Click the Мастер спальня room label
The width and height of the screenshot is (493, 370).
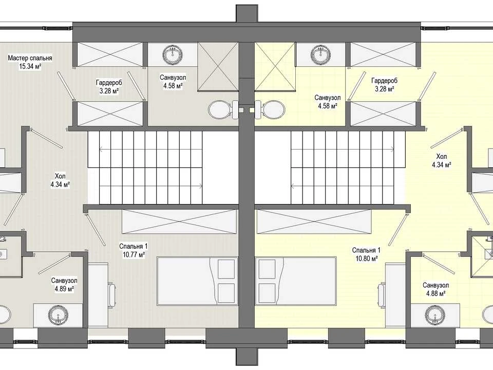click(x=30, y=58)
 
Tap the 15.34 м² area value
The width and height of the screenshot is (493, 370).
click(x=30, y=66)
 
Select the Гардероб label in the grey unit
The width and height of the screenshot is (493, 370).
click(x=109, y=83)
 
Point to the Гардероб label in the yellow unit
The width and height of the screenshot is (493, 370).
click(x=384, y=81)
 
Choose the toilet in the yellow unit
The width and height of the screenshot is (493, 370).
click(x=270, y=109)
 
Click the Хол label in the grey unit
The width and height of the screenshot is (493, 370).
click(x=60, y=176)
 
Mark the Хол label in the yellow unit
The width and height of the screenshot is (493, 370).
click(x=442, y=156)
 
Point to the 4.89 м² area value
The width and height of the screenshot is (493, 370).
click(x=65, y=288)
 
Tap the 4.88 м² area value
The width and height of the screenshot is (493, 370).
click(x=436, y=293)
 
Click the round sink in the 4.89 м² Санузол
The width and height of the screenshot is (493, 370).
click(x=59, y=314)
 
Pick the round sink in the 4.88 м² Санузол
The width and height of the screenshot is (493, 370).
click(x=435, y=314)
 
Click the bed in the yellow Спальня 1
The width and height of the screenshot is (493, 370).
click(x=297, y=281)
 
